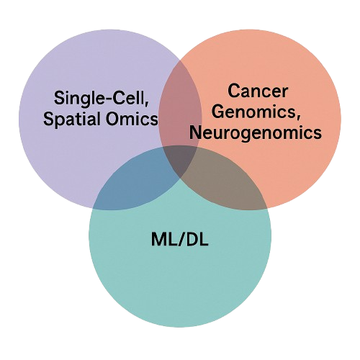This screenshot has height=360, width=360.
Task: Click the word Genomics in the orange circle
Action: coord(250,112)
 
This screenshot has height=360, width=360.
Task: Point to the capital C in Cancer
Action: coord(233,91)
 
